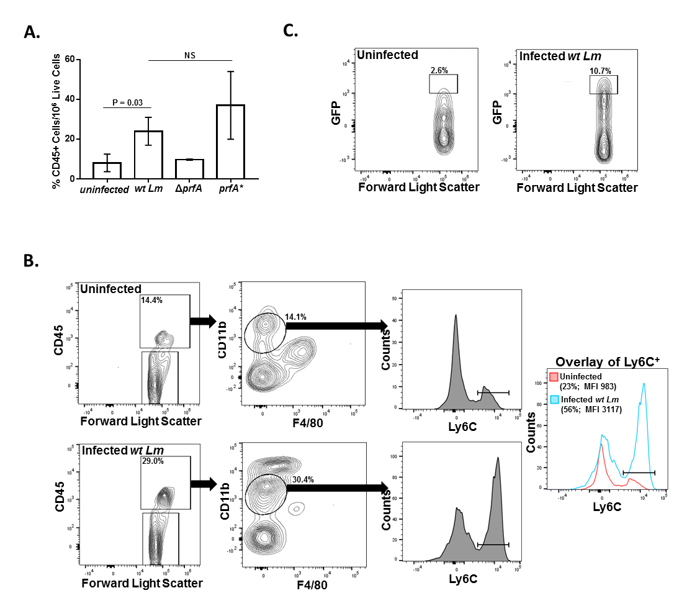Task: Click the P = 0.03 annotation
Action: coord(127,102)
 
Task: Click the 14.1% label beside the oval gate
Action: coord(295,316)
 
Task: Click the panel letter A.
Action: coord(32,32)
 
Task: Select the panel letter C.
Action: coord(290,30)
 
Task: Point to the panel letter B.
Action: coord(31,260)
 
